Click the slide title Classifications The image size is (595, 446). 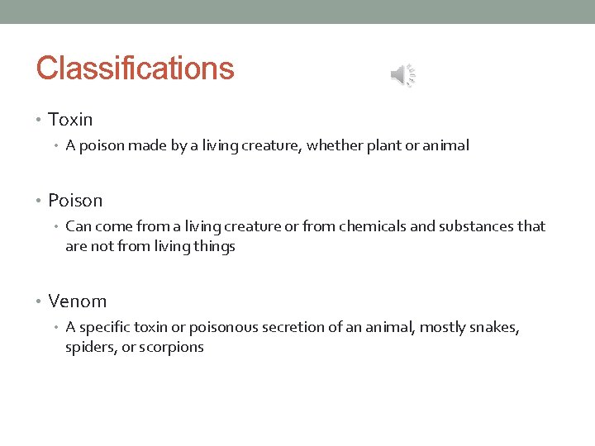coord(135,68)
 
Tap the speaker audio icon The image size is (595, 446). coord(403,76)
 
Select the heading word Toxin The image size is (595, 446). coord(70,121)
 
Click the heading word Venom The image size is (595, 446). coord(77,301)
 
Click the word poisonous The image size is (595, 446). coord(221,328)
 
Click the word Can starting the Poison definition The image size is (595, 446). coord(78,226)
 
